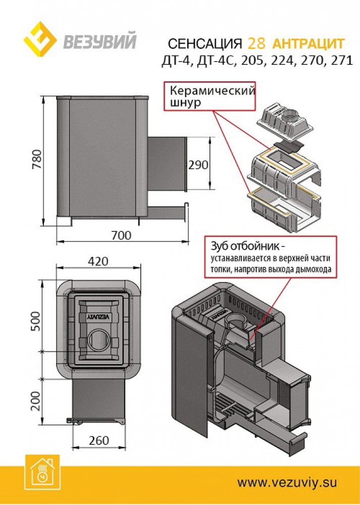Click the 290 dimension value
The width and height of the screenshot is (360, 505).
click(x=198, y=165)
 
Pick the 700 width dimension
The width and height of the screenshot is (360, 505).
click(x=121, y=236)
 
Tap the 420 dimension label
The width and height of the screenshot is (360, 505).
click(x=98, y=262)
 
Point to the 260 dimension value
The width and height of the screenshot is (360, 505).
click(x=98, y=440)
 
